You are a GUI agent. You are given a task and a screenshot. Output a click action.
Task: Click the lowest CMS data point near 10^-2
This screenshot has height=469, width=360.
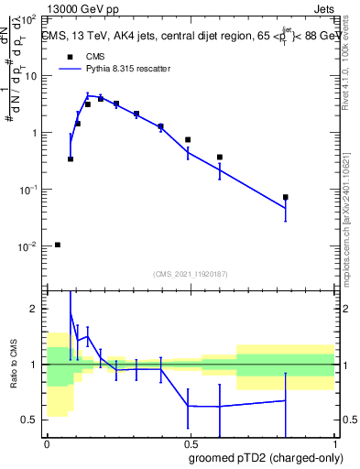coord(58,245)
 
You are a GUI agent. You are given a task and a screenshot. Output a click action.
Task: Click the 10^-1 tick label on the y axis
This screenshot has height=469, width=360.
coord(30,190)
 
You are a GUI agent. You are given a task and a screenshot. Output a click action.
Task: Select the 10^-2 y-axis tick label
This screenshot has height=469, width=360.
coord(30,246)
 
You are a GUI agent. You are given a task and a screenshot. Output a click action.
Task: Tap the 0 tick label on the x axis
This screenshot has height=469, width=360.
coord(46,443)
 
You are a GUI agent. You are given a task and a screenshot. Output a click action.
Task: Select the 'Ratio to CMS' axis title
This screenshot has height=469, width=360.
coord(13,364)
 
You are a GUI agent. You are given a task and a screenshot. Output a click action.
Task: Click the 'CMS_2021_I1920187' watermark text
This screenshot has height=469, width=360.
coord(191,273)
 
